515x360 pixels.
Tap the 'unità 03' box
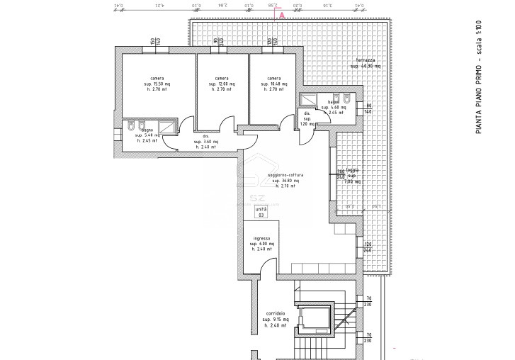pyautogui.click(x=261, y=212)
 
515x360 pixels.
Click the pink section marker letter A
pyautogui.click(x=283, y=14)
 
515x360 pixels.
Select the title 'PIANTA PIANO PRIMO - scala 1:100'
pyautogui.click(x=480, y=78)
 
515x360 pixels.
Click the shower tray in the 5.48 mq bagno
pyautogui.click(x=167, y=127)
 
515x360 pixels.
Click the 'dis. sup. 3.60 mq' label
pyautogui.click(x=206, y=142)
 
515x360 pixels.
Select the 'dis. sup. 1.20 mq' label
pyautogui.click(x=307, y=118)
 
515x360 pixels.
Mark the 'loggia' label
pyautogui.click(x=353, y=171)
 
